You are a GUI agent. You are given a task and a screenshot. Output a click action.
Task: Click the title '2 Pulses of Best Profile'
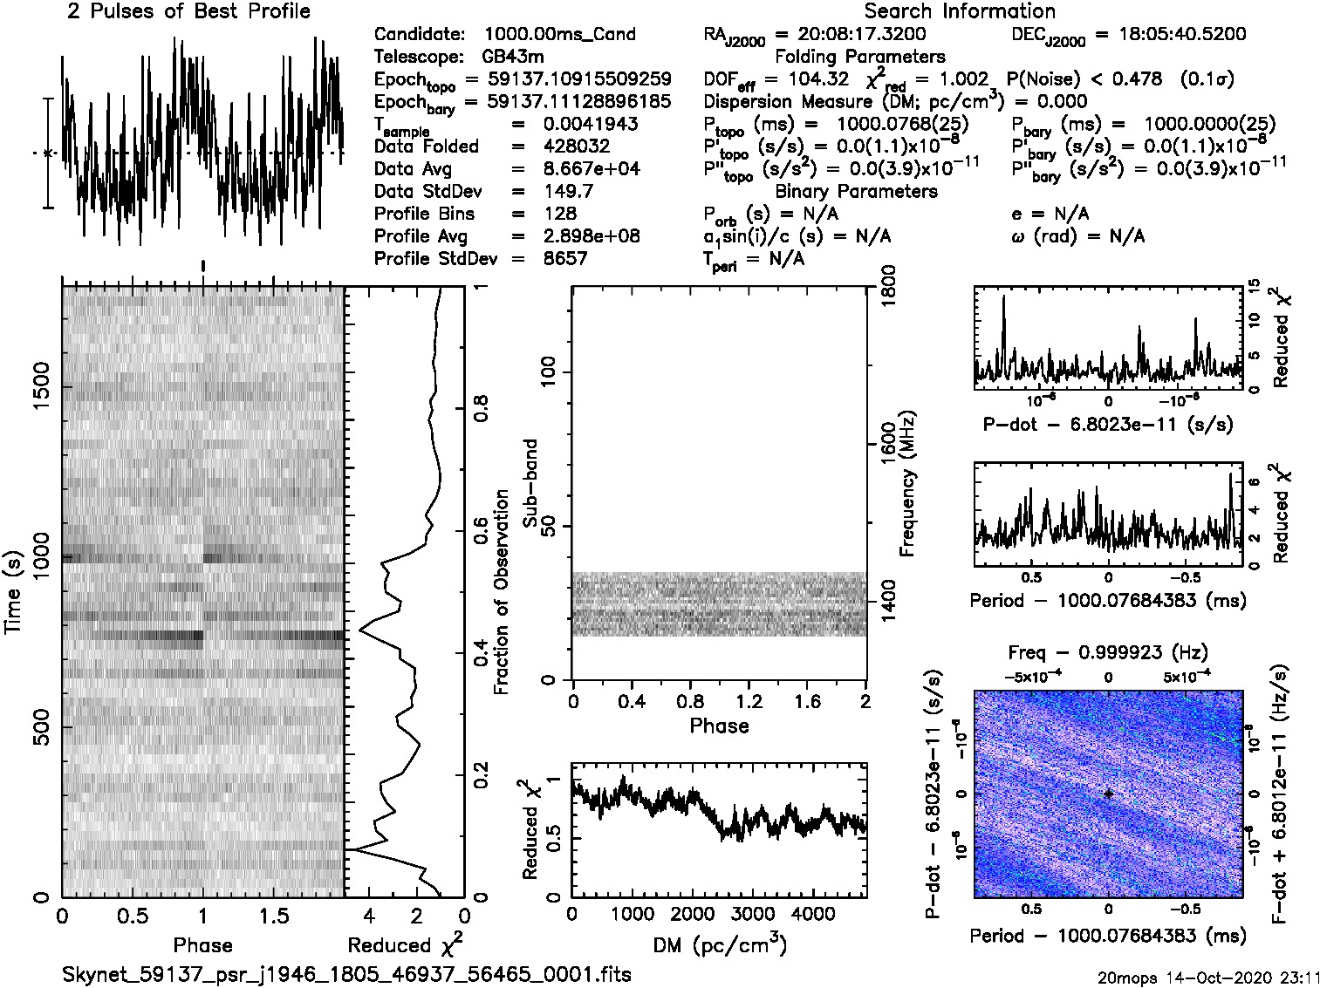(188, 11)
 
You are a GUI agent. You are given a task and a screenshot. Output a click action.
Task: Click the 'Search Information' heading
(960, 11)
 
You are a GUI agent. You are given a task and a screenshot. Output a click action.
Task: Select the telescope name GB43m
(515, 57)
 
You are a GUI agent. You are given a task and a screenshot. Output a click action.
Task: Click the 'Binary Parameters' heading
(856, 191)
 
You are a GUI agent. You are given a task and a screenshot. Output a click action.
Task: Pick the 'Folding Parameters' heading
(860, 57)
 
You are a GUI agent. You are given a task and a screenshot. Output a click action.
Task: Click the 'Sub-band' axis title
(530, 482)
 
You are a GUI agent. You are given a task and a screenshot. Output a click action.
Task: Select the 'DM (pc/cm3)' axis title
(719, 945)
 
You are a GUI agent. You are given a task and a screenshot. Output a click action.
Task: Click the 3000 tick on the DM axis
(752, 915)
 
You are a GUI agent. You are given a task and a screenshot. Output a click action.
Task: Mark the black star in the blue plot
(1108, 794)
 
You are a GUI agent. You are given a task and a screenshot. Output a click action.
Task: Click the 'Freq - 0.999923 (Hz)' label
(1108, 652)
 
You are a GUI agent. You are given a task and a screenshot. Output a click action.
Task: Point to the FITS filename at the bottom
(346, 974)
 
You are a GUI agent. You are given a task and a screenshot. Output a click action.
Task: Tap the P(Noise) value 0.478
(1138, 79)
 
